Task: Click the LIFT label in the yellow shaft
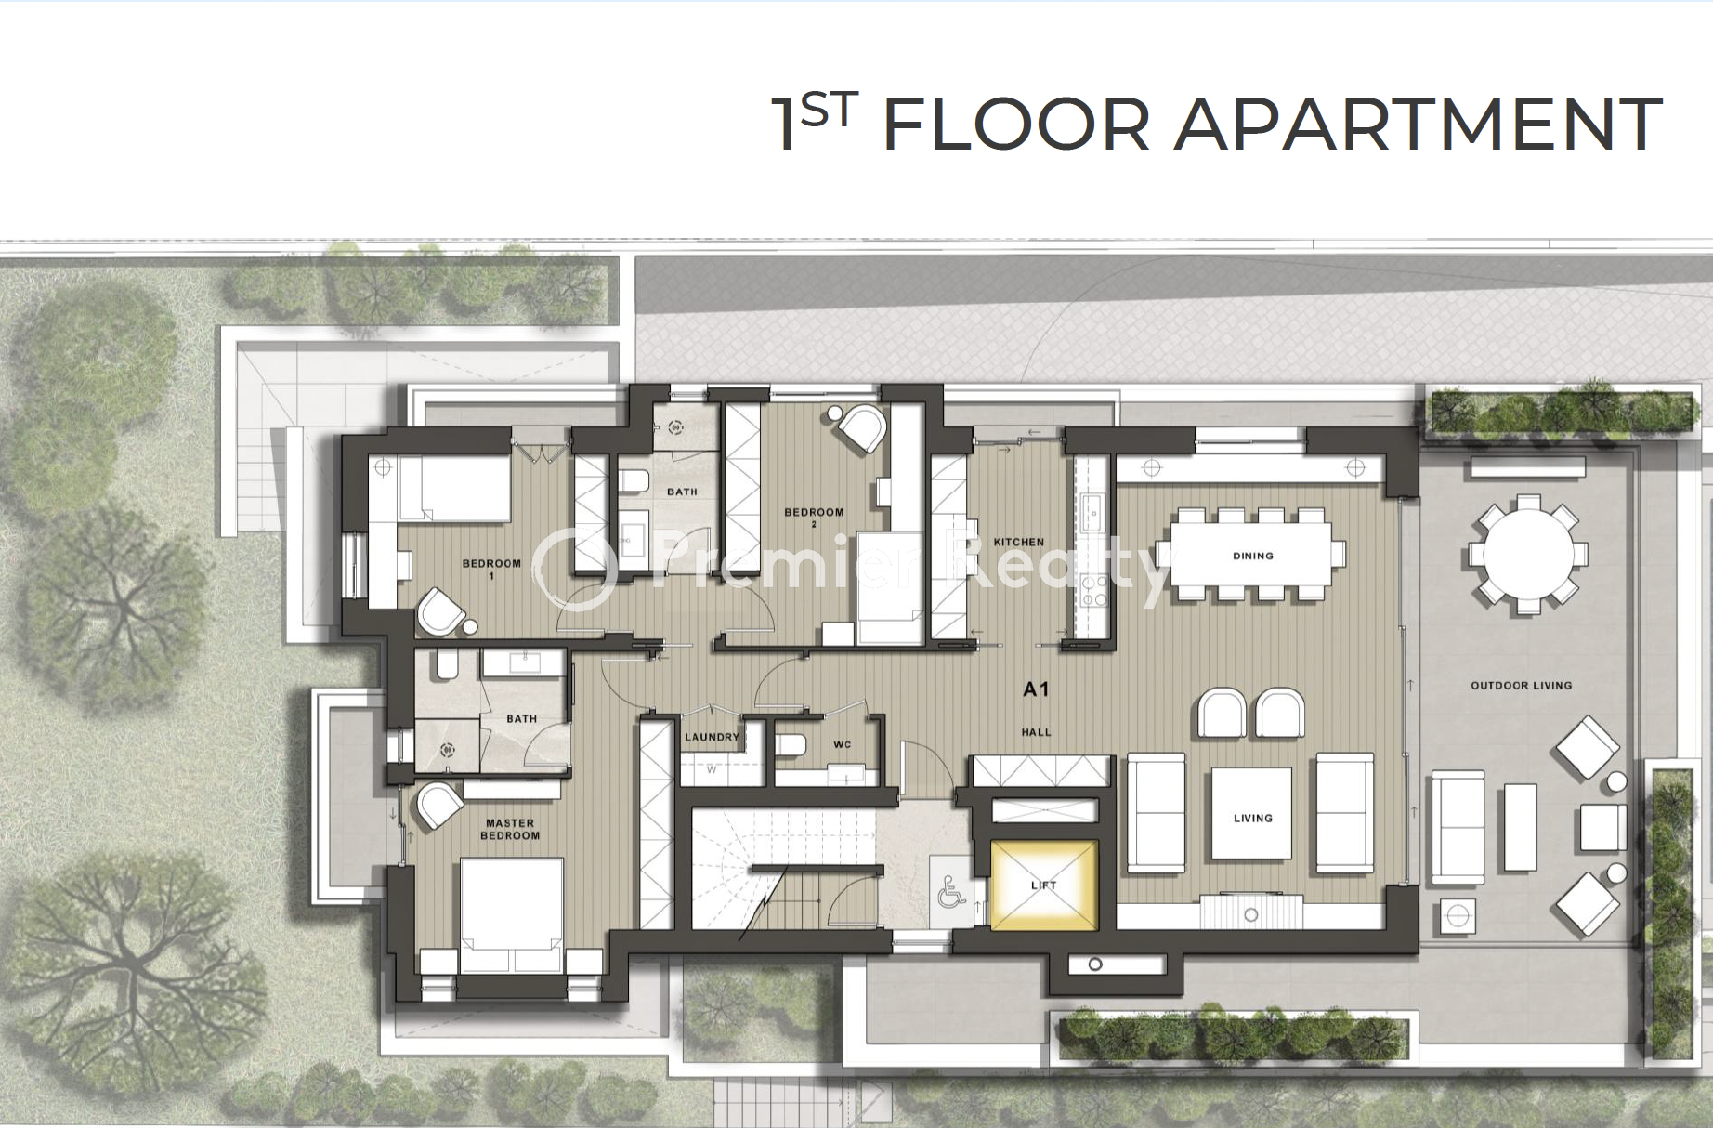click(x=1043, y=885)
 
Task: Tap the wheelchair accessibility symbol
click(x=950, y=894)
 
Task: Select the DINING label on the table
click(x=1252, y=556)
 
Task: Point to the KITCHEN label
click(x=1018, y=542)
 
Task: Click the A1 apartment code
click(x=1035, y=689)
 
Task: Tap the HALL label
click(x=1036, y=732)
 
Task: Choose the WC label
click(x=842, y=744)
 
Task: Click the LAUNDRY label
click(x=712, y=737)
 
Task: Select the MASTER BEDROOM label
click(x=510, y=829)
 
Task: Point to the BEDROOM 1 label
click(x=491, y=569)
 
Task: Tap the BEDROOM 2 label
click(x=814, y=518)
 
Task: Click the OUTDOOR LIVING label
click(x=1521, y=686)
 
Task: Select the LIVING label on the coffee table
click(x=1252, y=819)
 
